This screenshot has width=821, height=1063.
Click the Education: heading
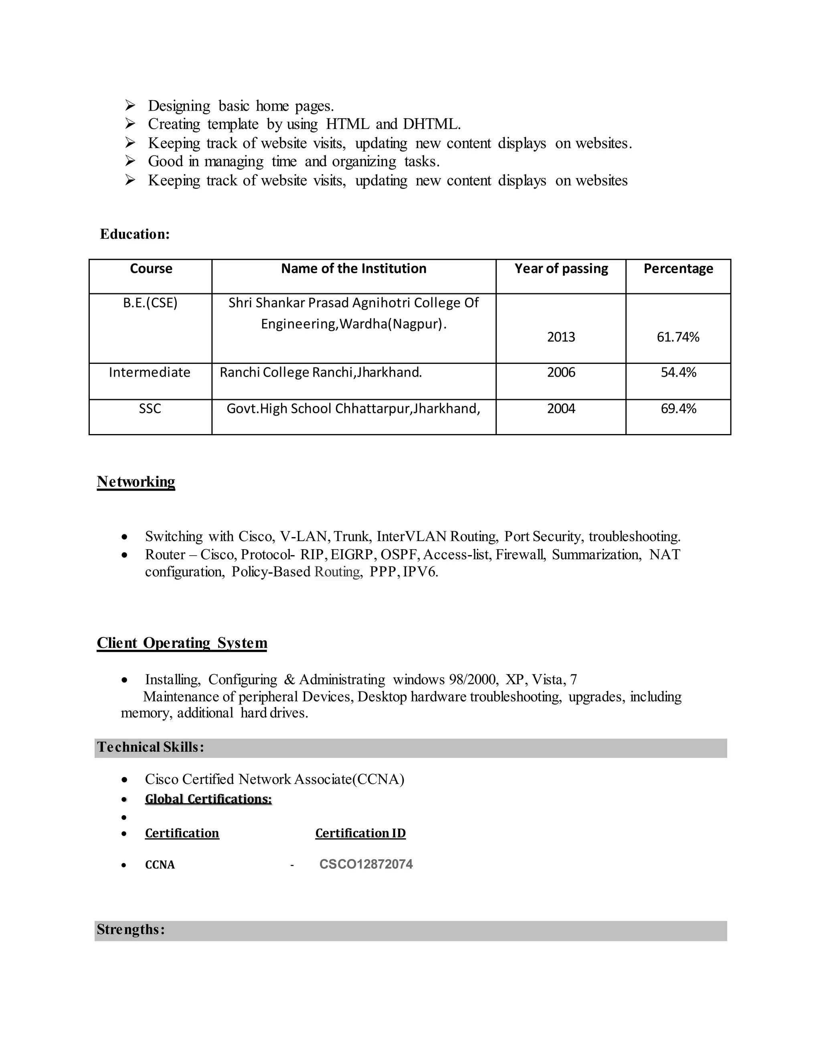[135, 234]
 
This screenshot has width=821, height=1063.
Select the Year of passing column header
[561, 269]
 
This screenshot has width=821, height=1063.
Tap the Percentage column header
[678, 269]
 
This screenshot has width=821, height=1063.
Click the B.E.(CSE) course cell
[150, 303]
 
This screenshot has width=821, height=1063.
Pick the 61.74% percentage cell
[678, 337]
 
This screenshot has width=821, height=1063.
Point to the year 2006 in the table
[561, 372]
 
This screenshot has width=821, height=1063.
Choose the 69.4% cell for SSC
[678, 408]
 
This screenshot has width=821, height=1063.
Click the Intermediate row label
[150, 372]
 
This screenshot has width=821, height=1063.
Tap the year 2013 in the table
[561, 337]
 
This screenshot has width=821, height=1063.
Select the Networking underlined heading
[136, 481]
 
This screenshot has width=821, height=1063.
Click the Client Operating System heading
[182, 643]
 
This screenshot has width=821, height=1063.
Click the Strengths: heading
[131, 930]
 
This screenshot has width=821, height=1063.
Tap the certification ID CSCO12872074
[366, 864]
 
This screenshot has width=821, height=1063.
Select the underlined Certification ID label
[360, 833]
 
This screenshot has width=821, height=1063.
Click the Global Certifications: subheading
[208, 799]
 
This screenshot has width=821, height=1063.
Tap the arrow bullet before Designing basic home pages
[130, 105]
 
